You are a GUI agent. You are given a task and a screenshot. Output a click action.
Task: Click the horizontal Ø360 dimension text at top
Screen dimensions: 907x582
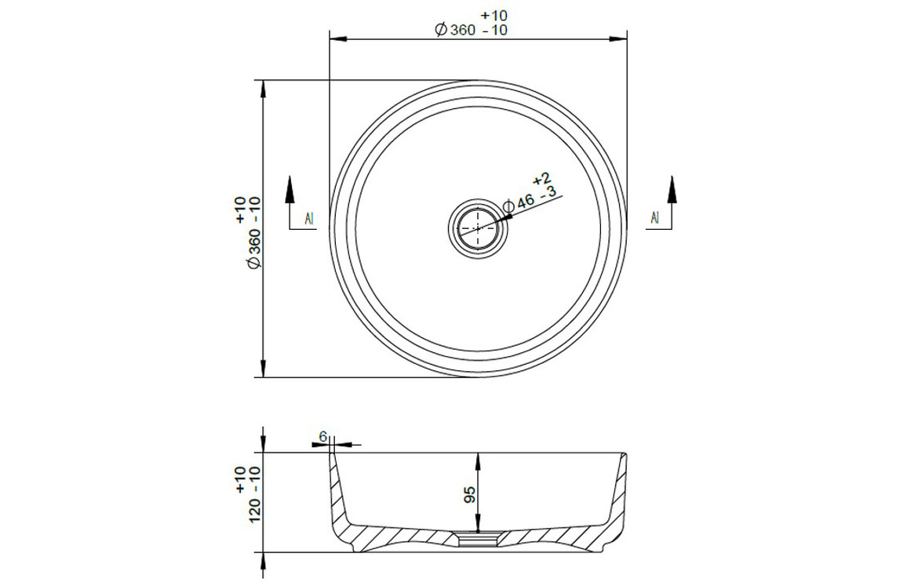point(454,30)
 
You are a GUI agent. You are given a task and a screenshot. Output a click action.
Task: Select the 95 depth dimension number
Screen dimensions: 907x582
point(469,495)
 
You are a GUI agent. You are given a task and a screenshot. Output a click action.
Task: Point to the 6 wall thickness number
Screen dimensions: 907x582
point(323,435)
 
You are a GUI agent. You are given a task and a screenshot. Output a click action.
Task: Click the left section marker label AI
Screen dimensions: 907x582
point(309,218)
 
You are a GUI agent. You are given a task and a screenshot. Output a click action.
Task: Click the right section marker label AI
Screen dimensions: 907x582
point(654,217)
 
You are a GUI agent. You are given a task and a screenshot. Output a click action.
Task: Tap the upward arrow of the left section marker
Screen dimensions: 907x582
point(290,191)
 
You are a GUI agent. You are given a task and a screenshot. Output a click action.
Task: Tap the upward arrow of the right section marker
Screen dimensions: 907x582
point(672,191)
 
